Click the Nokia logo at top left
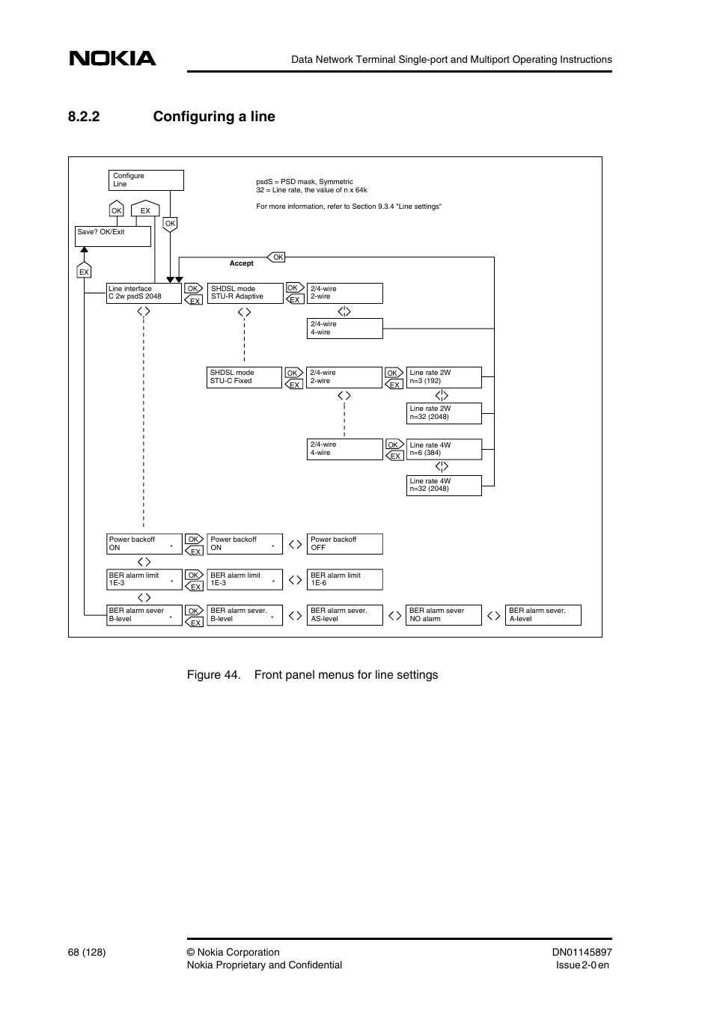pyautogui.click(x=113, y=58)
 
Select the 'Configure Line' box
pyautogui.click(x=146, y=180)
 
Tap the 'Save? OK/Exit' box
pyautogui.click(x=113, y=236)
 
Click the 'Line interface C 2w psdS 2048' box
pyautogui.click(x=144, y=293)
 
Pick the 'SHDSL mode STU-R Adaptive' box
pyautogui.click(x=245, y=293)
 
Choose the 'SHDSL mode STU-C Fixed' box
pyautogui.click(x=244, y=377)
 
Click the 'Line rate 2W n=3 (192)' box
pyautogui.click(x=444, y=377)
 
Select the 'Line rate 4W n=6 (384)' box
pyautogui.click(x=444, y=449)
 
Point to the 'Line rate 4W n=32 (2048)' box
pyautogui.click(x=444, y=486)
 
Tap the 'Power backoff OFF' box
pyautogui.click(x=344, y=544)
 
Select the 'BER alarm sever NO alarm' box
pyautogui.click(x=444, y=615)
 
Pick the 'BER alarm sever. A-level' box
pyautogui.click(x=543, y=615)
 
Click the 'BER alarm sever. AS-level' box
pyautogui.click(x=344, y=615)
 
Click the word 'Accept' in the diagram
pyautogui.click(x=241, y=263)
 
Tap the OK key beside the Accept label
pyautogui.click(x=278, y=257)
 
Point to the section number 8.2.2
pyautogui.click(x=83, y=117)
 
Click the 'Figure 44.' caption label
pyautogui.click(x=213, y=675)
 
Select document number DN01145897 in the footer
pyautogui.click(x=582, y=953)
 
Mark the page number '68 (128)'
pyautogui.click(x=86, y=953)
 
